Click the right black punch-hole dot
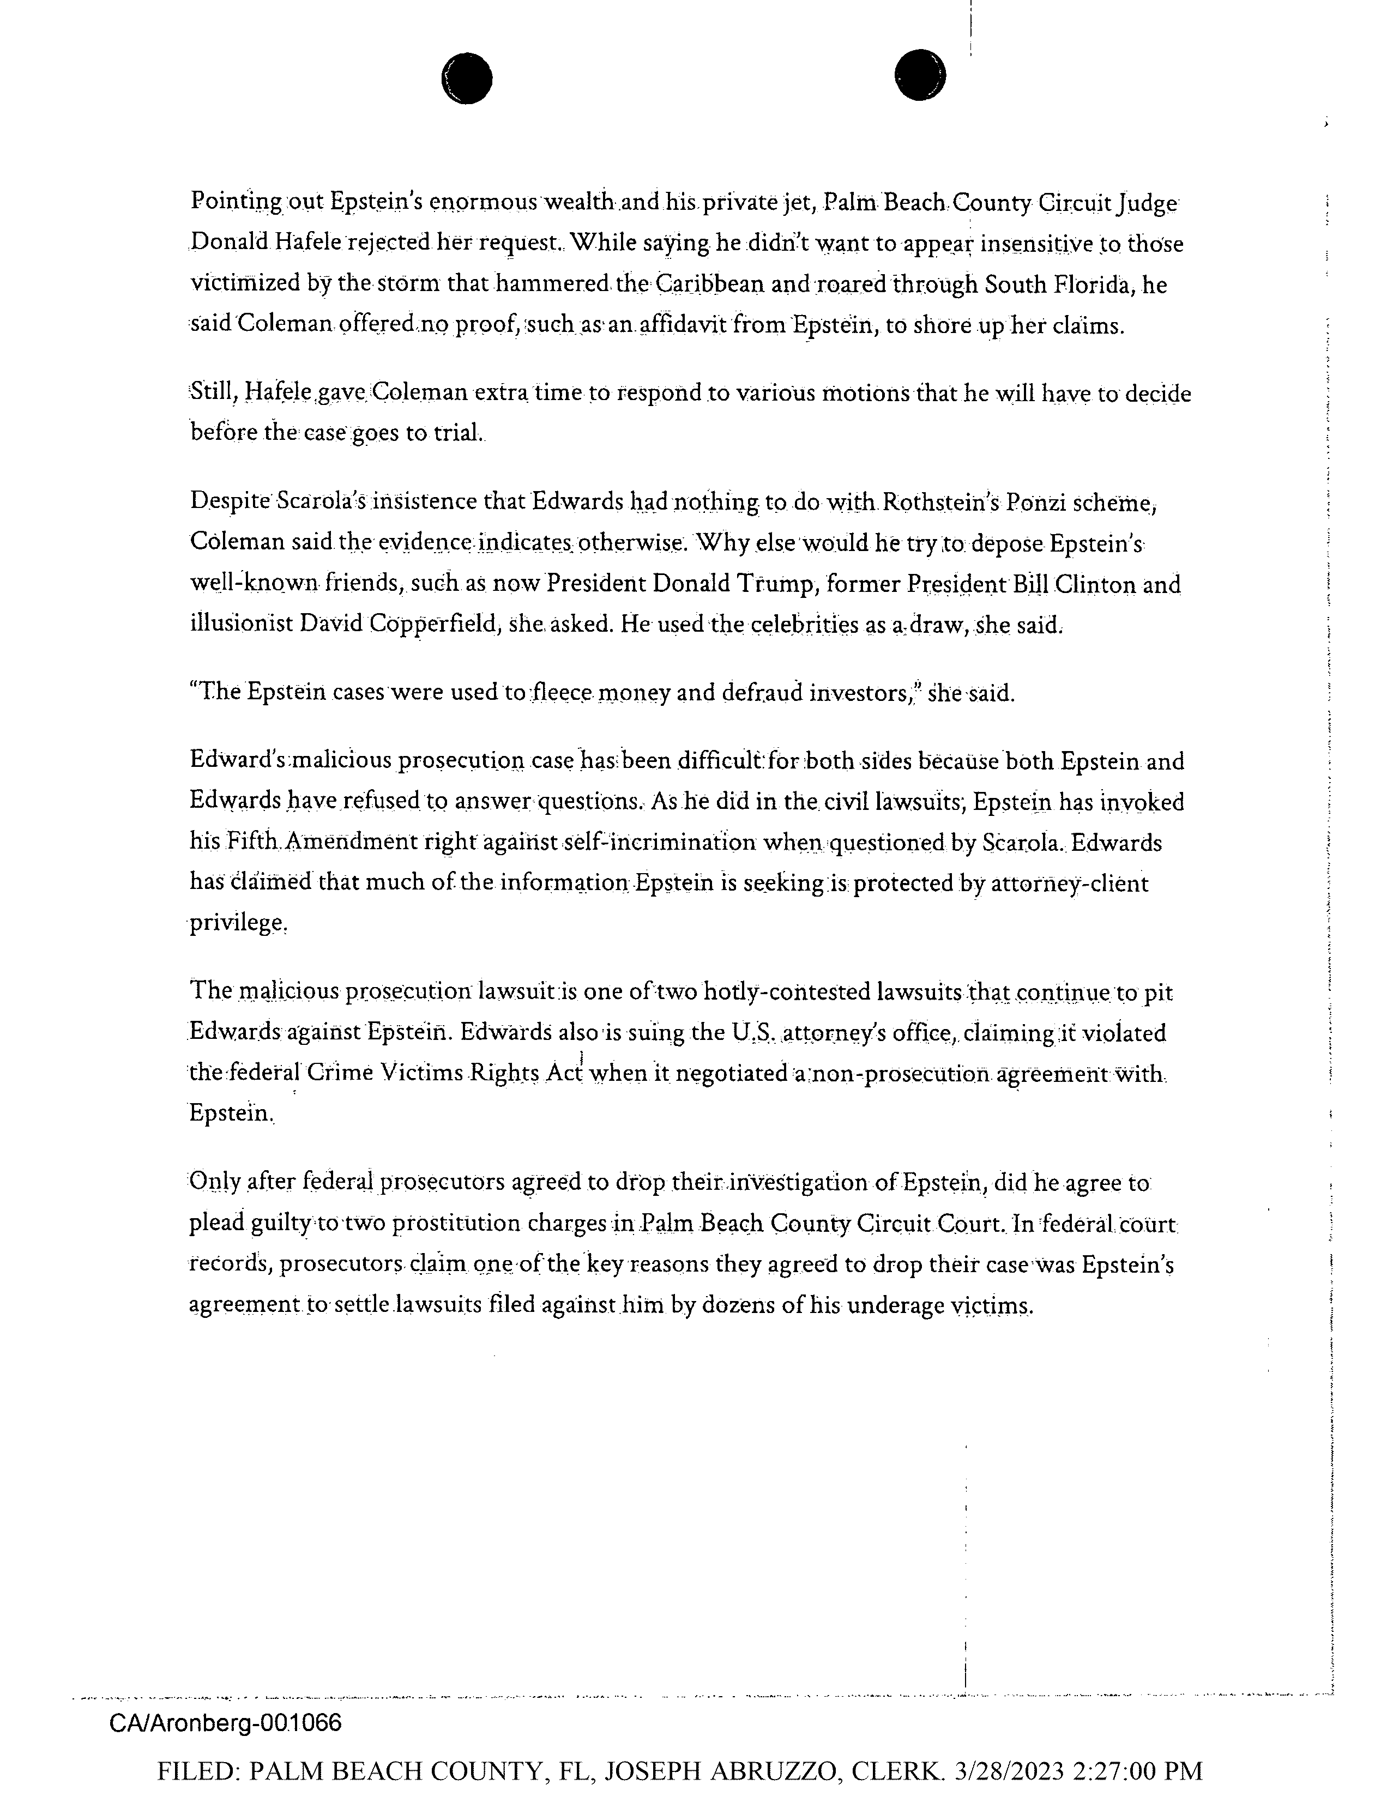(x=919, y=75)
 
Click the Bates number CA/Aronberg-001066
(x=225, y=1723)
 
